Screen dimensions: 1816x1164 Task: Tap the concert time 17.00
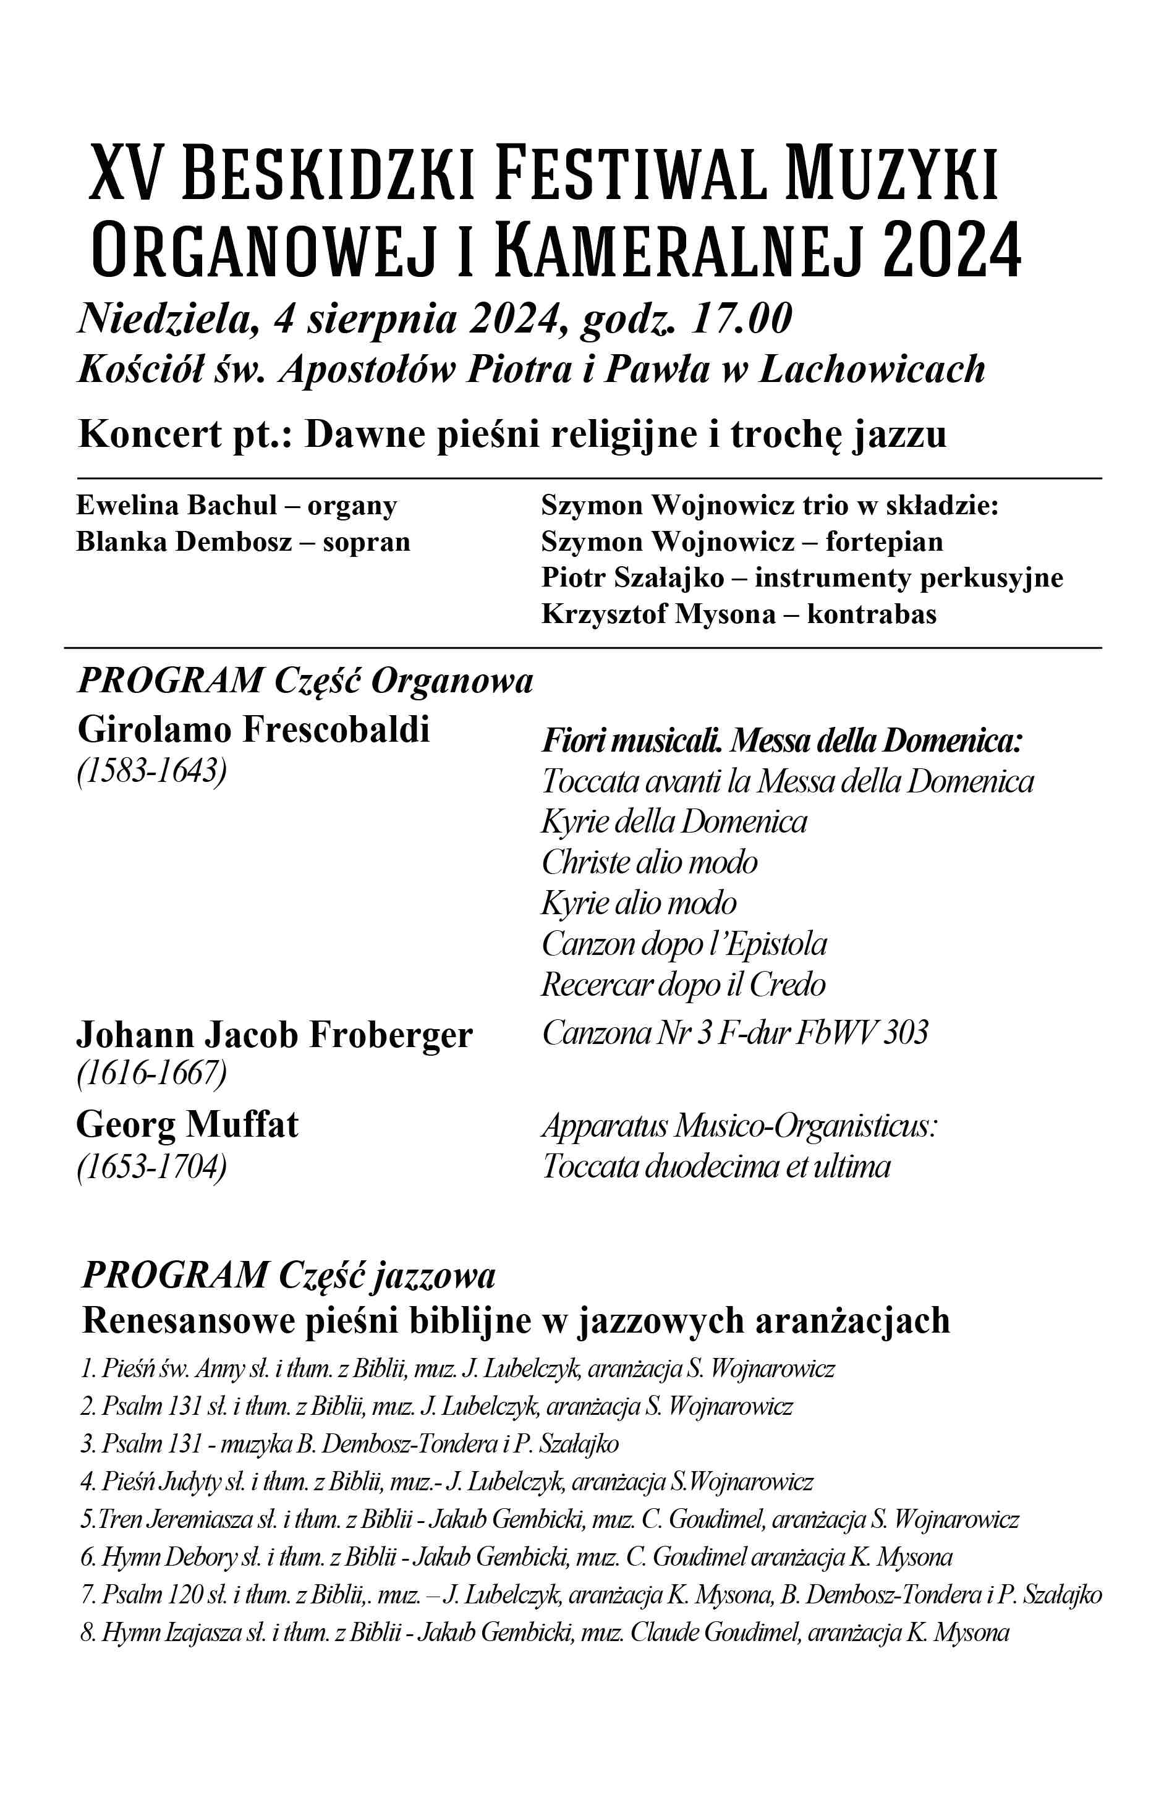click(741, 319)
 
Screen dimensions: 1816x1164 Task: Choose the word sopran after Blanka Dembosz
click(367, 542)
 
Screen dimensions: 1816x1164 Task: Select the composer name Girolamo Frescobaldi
click(253, 730)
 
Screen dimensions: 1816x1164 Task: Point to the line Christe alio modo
click(649, 862)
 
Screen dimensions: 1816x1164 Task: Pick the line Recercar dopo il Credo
click(683, 985)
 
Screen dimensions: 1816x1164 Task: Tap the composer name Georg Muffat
click(187, 1124)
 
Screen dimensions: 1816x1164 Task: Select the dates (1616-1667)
click(152, 1074)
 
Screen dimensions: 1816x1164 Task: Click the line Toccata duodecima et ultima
click(716, 1166)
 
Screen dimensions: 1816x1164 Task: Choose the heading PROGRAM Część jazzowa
click(288, 1276)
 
